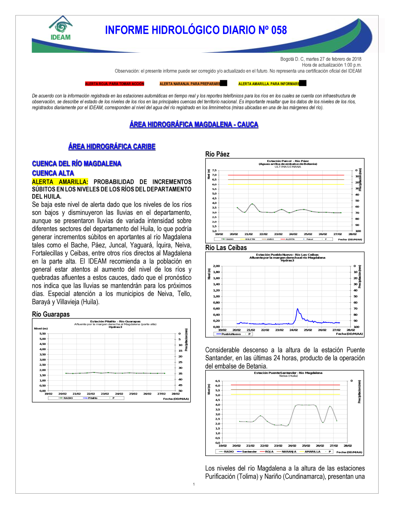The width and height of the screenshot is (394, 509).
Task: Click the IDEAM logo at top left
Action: pyautogui.click(x=61, y=28)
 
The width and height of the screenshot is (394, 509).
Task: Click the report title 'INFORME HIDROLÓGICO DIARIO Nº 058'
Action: pyautogui.click(x=196, y=30)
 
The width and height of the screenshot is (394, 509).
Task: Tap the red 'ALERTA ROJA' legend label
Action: pyautogui.click(x=115, y=84)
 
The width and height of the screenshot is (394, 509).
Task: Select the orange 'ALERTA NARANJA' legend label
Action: pyautogui.click(x=190, y=84)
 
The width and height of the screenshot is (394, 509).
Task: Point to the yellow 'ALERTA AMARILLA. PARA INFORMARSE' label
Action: pyautogui.click(x=269, y=84)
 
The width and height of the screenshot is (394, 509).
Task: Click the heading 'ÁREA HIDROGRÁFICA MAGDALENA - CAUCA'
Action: pyautogui.click(x=194, y=124)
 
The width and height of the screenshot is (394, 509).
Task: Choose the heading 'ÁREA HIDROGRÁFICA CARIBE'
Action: pyautogui.click(x=112, y=146)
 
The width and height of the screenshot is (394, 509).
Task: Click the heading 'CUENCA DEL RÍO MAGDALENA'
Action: pyautogui.click(x=76, y=164)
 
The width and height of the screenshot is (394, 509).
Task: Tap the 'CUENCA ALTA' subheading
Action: pyautogui.click(x=53, y=173)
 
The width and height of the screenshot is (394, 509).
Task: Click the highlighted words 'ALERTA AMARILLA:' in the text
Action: pyautogui.click(x=60, y=182)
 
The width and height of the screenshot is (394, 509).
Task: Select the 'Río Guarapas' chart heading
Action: pyautogui.click(x=51, y=314)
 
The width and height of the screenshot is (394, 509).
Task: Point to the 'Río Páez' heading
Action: pyautogui.click(x=217, y=154)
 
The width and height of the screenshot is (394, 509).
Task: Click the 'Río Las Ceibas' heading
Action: pyautogui.click(x=226, y=248)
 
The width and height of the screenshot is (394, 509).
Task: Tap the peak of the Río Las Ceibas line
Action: pyautogui.click(x=297, y=309)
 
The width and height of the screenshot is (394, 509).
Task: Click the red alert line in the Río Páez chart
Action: pyautogui.click(x=286, y=175)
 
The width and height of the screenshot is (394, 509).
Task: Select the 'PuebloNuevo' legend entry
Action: pyautogui.click(x=231, y=334)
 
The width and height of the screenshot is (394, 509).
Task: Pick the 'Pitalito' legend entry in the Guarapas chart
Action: pyautogui.click(x=93, y=398)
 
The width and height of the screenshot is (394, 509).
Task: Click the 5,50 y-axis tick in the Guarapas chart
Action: pyautogui.click(x=43, y=333)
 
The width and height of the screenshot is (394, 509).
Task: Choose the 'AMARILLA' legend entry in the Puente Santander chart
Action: pyautogui.click(x=312, y=452)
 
